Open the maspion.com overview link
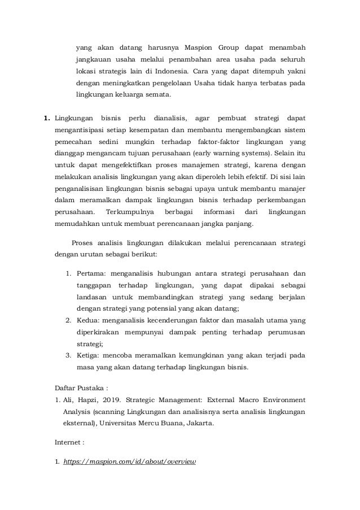[x=130, y=461]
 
